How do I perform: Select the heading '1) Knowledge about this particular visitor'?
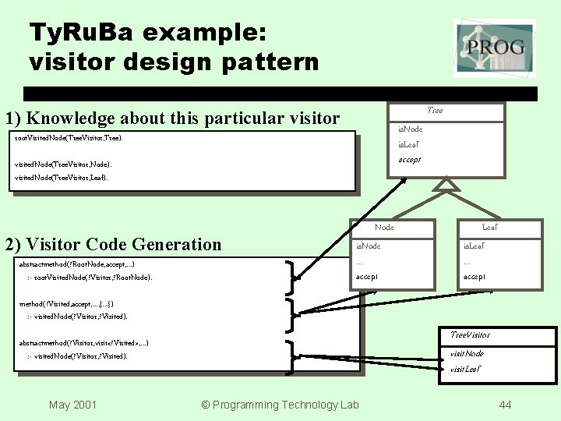pyautogui.click(x=172, y=119)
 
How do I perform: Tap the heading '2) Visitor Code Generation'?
pyautogui.click(x=113, y=244)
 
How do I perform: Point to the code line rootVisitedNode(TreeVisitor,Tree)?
pyautogui.click(x=69, y=138)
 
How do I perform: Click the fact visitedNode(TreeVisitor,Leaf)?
pyautogui.click(x=62, y=178)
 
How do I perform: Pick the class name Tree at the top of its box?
pyautogui.click(x=436, y=111)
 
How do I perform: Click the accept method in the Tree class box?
pyautogui.click(x=410, y=159)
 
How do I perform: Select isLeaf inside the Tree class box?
pyautogui.click(x=409, y=144)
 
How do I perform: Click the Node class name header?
pyautogui.click(x=384, y=227)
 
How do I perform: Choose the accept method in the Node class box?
pyautogui.click(x=367, y=277)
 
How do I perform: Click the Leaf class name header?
pyautogui.click(x=490, y=227)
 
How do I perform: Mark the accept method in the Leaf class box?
pyautogui.click(x=475, y=277)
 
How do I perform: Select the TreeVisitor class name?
pyautogui.click(x=471, y=334)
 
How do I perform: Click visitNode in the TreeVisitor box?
pyautogui.click(x=467, y=354)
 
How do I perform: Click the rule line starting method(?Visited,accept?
pyautogui.click(x=71, y=303)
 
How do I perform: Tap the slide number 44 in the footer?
pyautogui.click(x=505, y=404)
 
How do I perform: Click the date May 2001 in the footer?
pyautogui.click(x=72, y=404)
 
